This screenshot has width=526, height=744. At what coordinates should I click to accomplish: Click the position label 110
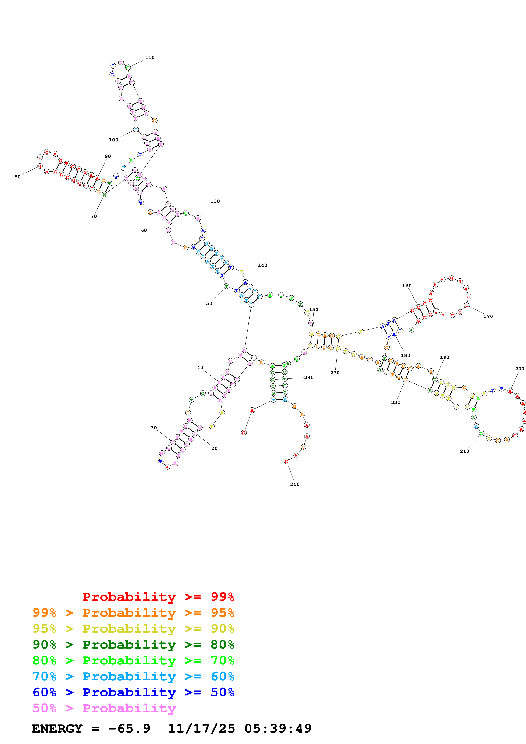point(150,57)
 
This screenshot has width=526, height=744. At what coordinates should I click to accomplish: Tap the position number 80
point(17,177)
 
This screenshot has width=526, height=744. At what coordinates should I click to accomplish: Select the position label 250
point(295,484)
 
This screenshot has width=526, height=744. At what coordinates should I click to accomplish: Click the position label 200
point(519,369)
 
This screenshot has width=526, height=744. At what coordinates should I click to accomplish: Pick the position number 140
point(262,265)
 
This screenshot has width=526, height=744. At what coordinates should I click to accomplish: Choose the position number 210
point(464,451)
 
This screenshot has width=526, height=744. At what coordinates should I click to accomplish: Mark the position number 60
point(144,230)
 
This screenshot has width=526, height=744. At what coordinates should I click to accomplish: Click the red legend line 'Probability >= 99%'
point(158,597)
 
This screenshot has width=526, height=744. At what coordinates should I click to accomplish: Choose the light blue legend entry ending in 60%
point(133,676)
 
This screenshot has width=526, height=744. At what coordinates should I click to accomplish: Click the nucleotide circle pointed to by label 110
point(128,67)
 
